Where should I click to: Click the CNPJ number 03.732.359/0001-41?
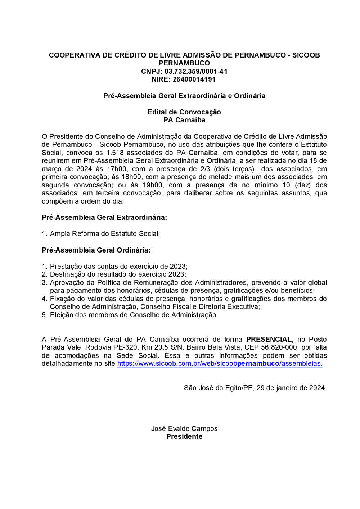(196, 71)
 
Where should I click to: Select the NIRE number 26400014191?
(194, 79)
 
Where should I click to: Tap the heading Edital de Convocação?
(184, 112)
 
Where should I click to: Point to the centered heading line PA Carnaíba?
(184, 120)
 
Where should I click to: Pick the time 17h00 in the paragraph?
(117, 169)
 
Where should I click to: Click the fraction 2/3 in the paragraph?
(205, 169)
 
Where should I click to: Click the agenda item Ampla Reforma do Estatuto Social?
(104, 233)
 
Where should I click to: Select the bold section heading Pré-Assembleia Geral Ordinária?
(96, 250)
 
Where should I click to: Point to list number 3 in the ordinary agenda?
(44, 282)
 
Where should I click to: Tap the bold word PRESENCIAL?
(270, 339)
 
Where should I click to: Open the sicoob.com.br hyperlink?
(220, 363)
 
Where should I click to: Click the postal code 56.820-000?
(279, 347)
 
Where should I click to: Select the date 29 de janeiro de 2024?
(291, 388)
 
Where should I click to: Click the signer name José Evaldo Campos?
(184, 428)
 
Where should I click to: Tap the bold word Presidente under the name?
(184, 436)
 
